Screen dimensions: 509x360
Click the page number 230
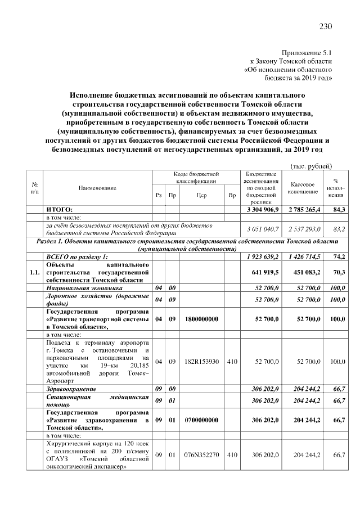point(326,26)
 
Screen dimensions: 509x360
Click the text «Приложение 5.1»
point(309,51)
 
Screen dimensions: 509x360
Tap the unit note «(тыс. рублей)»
point(311,166)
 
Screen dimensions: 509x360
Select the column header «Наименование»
point(97,187)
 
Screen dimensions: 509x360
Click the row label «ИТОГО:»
point(59,210)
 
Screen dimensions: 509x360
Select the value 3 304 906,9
point(263,210)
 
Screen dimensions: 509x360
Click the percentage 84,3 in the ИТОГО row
point(339,210)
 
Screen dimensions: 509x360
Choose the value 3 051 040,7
point(263,229)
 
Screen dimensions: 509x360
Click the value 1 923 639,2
point(263,256)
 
